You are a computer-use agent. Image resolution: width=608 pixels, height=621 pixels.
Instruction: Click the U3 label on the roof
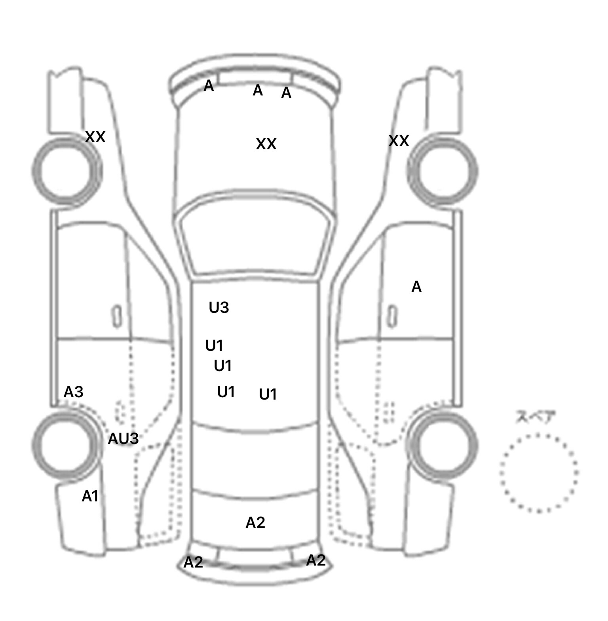219,307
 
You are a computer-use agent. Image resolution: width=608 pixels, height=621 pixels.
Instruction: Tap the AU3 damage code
123,438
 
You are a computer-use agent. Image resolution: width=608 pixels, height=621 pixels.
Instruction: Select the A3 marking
74,392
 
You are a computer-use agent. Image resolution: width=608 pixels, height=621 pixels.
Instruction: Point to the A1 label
90,496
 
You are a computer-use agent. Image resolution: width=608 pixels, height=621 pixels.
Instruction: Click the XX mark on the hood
266,144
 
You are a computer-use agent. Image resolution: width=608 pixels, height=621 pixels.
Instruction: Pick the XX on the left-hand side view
95,137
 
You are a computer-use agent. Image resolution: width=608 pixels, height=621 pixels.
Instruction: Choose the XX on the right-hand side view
399,141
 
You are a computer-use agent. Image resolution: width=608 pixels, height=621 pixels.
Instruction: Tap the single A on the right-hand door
416,286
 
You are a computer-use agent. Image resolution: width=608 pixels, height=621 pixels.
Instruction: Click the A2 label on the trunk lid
255,523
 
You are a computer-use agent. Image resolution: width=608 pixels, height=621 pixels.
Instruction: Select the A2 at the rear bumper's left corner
193,562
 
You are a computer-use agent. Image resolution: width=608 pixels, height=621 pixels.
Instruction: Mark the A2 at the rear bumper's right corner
316,560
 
